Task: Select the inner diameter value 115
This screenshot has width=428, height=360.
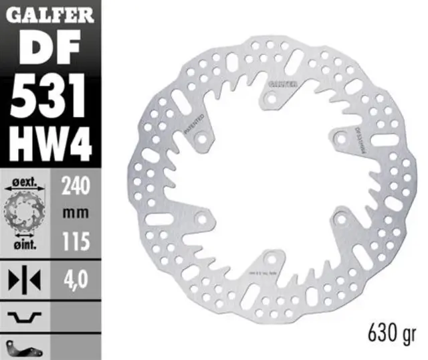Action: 76,242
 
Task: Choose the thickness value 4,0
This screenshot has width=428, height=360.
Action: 76,277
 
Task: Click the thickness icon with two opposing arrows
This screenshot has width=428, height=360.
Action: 25,278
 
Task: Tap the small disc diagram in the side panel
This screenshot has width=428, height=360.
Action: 25,212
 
